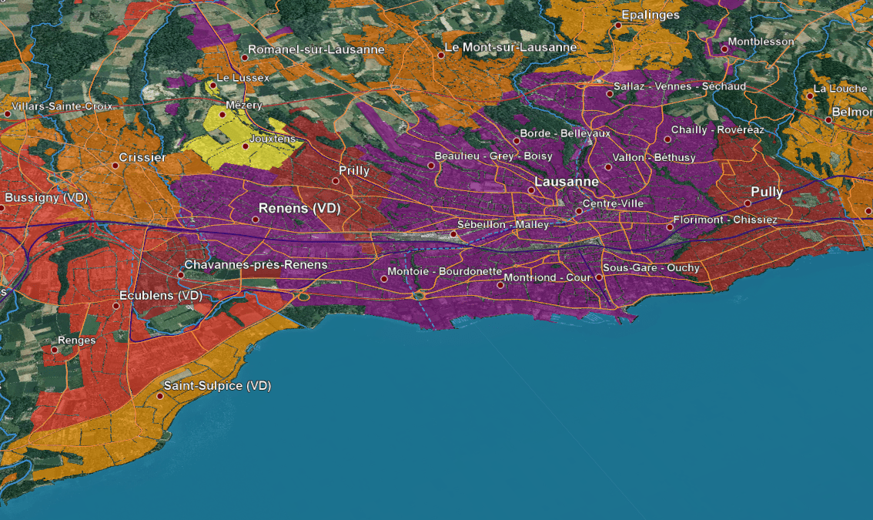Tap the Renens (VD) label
(x=299, y=208)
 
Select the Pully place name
(x=767, y=192)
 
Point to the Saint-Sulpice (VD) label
(x=217, y=385)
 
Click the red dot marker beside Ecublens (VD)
(x=116, y=306)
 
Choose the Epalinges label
(x=651, y=15)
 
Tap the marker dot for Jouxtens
(x=246, y=146)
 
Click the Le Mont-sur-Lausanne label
(x=510, y=47)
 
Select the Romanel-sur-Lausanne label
(x=316, y=49)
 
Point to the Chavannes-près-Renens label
(x=256, y=265)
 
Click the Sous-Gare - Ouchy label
(x=651, y=268)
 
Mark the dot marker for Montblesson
(x=724, y=49)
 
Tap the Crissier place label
(x=142, y=158)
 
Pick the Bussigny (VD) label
(x=46, y=198)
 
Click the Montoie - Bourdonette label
(x=444, y=272)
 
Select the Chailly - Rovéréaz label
(x=717, y=129)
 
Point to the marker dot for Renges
(x=54, y=349)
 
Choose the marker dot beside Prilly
(x=336, y=181)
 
